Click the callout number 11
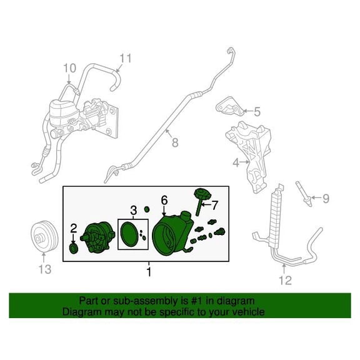click(126, 58)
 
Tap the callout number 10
click(69, 68)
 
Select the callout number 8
click(175, 142)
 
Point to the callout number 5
click(257, 112)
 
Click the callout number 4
click(236, 162)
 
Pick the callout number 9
click(326, 198)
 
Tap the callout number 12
click(286, 281)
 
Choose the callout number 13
click(45, 269)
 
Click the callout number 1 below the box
click(149, 272)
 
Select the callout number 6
click(164, 201)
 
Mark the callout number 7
click(214, 205)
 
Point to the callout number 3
click(133, 210)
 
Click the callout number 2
click(73, 229)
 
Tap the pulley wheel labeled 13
click(44, 236)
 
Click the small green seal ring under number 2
click(74, 249)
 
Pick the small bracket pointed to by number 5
click(229, 107)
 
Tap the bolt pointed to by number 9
click(304, 194)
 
